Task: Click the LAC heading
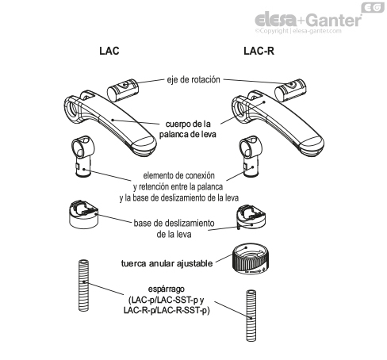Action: point(109,51)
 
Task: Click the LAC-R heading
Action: point(259,51)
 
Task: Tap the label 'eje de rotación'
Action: point(193,79)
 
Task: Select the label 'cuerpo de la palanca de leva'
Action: point(188,129)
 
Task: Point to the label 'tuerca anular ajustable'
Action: point(167,263)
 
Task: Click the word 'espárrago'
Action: point(167,289)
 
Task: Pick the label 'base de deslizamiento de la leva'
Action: point(174,228)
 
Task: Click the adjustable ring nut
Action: point(251,259)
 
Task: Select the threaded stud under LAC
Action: point(83,285)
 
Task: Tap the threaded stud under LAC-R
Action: point(251,316)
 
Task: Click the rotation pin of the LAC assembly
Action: point(123,90)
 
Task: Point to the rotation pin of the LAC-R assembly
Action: point(290,90)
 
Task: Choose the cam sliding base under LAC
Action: point(83,215)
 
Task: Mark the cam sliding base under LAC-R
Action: point(251,217)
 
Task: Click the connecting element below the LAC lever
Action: point(82,156)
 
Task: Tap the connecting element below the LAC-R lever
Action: point(251,156)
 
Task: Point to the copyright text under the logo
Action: point(298,31)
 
